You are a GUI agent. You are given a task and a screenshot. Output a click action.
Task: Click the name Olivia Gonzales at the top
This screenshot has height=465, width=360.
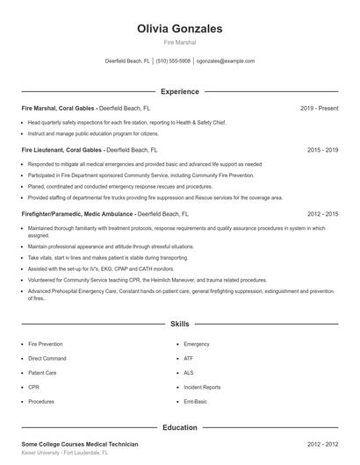(x=180, y=29)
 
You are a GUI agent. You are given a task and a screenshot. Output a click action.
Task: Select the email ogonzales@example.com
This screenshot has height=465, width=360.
(x=226, y=61)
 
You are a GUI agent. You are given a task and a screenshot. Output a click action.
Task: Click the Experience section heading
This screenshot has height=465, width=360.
(x=180, y=91)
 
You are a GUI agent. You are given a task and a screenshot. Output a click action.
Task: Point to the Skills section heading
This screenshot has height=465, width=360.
(x=180, y=324)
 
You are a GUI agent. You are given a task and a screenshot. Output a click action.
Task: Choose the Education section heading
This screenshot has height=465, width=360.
(x=180, y=427)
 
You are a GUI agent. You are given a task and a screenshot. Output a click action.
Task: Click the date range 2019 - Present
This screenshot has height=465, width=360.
(x=319, y=109)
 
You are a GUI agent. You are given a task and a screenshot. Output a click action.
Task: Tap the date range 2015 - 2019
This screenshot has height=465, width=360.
(x=322, y=150)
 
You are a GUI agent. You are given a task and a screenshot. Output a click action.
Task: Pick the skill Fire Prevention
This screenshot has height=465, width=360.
(x=47, y=345)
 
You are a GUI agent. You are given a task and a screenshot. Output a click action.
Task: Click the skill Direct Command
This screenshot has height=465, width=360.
(x=47, y=359)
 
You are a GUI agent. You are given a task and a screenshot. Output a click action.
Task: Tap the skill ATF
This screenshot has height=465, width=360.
(x=189, y=359)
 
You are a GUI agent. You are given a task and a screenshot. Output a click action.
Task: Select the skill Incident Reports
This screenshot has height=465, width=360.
(x=202, y=387)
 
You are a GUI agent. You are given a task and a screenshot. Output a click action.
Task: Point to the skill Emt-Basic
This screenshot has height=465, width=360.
(x=196, y=401)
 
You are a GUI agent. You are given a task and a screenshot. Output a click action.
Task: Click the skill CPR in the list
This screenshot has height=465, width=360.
(x=33, y=387)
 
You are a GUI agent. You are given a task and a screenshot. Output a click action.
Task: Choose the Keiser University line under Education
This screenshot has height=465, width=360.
(x=64, y=454)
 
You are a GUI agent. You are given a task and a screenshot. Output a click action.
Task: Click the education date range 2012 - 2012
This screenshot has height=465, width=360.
(x=322, y=445)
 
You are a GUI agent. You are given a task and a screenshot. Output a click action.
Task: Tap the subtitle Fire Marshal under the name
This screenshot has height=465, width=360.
(x=180, y=42)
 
